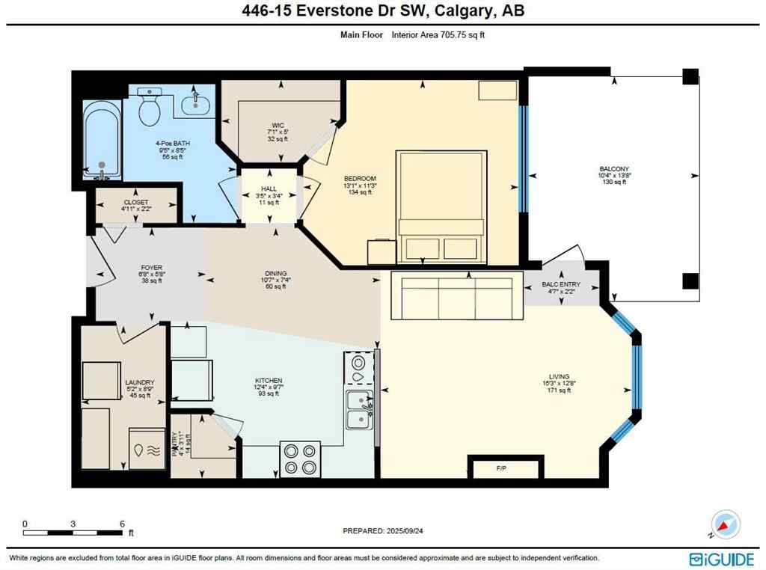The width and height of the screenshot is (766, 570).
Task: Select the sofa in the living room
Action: tap(456, 295)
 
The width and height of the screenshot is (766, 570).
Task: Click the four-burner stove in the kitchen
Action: tap(301, 459)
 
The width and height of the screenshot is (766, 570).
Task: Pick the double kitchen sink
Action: tap(359, 409)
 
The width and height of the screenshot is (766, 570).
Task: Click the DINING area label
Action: tap(275, 274)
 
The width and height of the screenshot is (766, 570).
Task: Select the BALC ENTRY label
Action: tap(561, 285)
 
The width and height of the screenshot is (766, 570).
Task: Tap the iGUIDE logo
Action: tap(721, 557)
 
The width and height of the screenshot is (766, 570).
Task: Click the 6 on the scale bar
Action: tap(122, 524)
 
